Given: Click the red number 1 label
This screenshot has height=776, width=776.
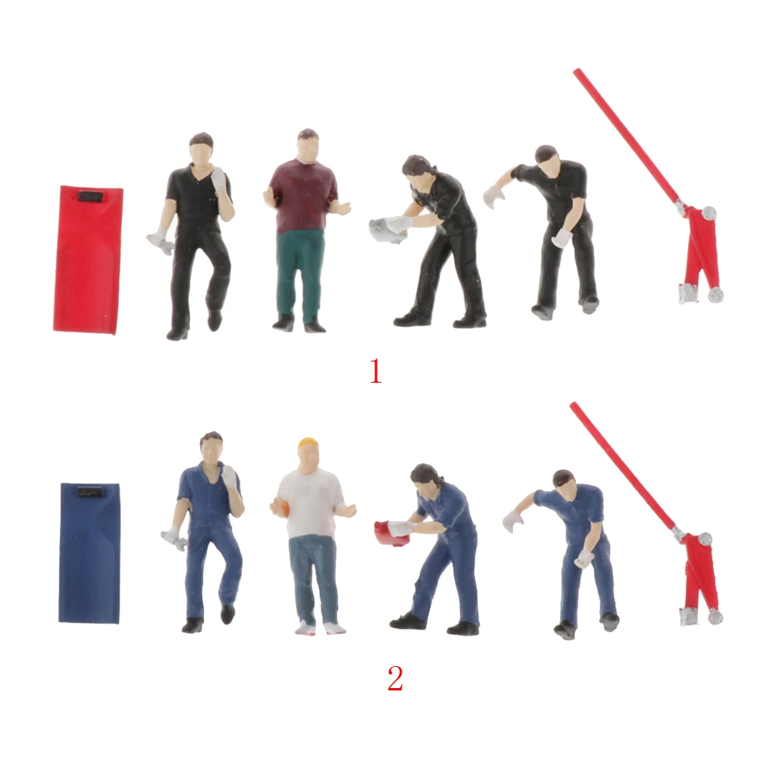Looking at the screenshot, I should [375, 371].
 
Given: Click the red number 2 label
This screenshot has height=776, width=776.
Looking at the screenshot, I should [395, 679].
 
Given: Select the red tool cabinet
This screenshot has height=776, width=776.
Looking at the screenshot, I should [87, 259].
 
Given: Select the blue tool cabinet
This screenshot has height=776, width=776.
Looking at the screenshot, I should [89, 553].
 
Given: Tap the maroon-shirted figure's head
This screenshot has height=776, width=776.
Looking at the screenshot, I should [307, 145].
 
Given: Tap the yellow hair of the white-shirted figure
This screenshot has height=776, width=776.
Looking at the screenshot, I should [308, 443].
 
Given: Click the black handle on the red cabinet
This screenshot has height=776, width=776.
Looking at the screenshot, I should [90, 196].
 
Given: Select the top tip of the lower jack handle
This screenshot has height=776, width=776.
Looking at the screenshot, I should [574, 406].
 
